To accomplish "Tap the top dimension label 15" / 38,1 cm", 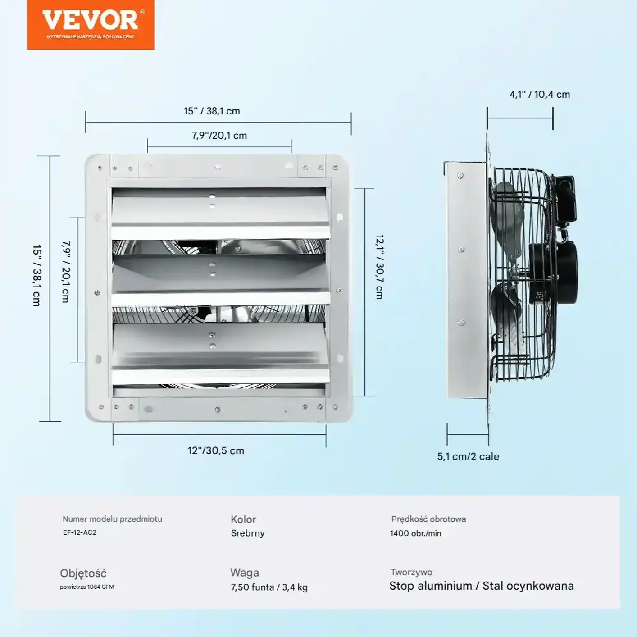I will tap(212, 111).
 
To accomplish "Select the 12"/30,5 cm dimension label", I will tap(216, 450).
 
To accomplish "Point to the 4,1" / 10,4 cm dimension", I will tap(540, 95).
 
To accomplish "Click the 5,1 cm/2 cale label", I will tap(468, 456).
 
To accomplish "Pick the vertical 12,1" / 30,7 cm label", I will tap(380, 267).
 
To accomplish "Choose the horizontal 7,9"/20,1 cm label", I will tap(219, 136).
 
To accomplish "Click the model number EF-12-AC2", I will tap(80, 532).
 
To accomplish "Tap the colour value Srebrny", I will tap(248, 533).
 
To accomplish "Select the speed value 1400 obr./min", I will tap(415, 533).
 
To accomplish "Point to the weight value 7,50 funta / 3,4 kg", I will tap(269, 587).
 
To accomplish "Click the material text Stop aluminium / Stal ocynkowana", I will tap(481, 586).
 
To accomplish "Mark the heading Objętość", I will tap(83, 573).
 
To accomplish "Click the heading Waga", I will tap(245, 573).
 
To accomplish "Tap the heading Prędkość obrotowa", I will tap(428, 519).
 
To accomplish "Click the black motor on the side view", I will tap(553, 273).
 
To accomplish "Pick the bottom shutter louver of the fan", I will tap(220, 351).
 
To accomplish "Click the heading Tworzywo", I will tap(411, 573).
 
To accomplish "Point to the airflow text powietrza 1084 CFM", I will tap(87, 587).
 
